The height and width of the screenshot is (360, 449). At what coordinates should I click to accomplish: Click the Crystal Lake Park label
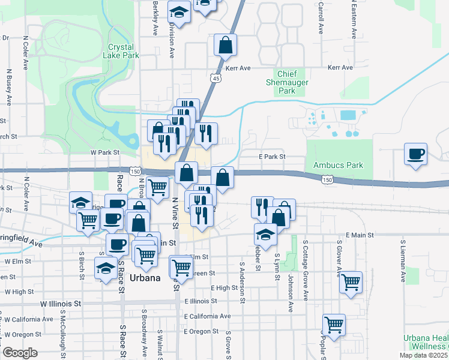pos(124,51)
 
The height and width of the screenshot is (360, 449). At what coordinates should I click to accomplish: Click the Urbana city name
pos(145,278)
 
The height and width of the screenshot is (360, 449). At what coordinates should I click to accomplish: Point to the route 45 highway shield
pos(215,78)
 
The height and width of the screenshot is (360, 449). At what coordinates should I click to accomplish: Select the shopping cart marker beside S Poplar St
pos(334,325)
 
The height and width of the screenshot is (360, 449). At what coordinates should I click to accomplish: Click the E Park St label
pos(272,157)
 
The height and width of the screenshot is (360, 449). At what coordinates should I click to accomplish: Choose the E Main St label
pos(360,235)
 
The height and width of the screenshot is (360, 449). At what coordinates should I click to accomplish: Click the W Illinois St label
pos(61,304)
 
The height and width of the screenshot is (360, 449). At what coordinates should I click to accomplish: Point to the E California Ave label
pos(208,316)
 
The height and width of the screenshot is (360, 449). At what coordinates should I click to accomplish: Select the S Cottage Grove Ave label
pos(305,271)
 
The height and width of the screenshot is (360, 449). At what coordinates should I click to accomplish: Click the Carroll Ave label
pos(321,18)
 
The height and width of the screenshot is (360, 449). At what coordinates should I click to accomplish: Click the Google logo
pos(20,353)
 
